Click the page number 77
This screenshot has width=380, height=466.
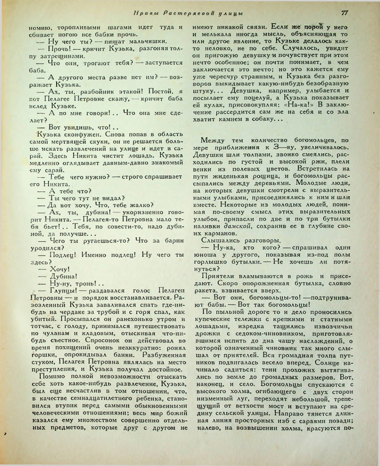[345, 13]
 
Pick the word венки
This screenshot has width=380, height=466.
[203, 169]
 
